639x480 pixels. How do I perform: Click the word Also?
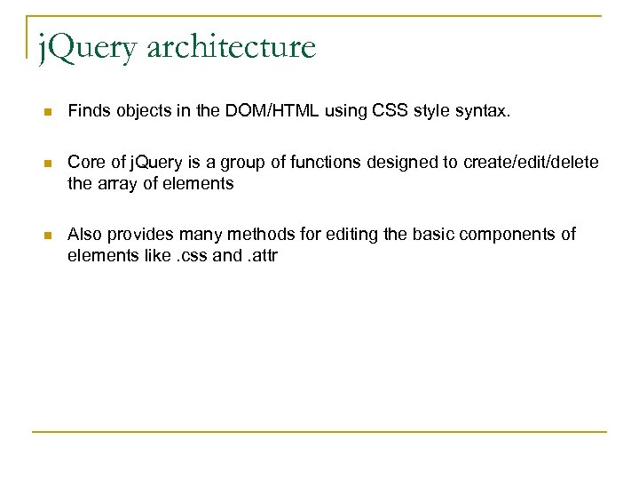point(85,235)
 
